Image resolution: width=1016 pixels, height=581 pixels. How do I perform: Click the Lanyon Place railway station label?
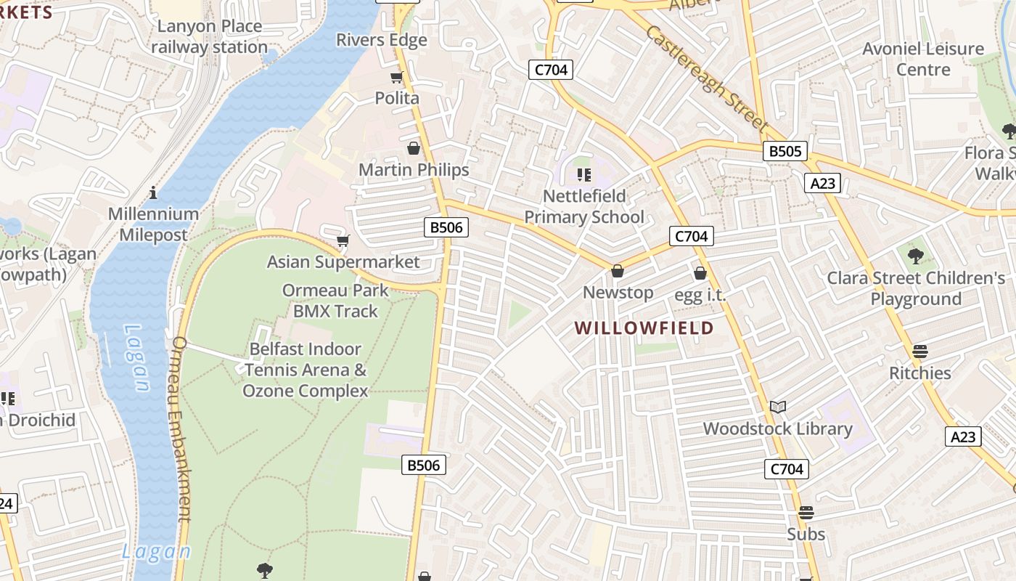[209, 37]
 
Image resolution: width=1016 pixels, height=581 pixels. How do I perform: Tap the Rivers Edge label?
[382, 40]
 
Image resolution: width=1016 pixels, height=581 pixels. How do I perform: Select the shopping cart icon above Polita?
[396, 78]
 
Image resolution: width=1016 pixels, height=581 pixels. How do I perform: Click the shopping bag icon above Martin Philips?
[414, 148]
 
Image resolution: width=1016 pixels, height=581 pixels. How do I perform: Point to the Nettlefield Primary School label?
[583, 206]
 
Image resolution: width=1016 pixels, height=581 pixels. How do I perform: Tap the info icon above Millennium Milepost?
[153, 192]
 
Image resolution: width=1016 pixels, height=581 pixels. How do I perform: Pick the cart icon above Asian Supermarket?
[343, 240]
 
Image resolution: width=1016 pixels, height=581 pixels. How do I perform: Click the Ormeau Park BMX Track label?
[335, 301]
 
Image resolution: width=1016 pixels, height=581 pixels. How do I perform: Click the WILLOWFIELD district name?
[644, 328]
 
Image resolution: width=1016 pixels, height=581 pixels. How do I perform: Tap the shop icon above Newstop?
[618, 271]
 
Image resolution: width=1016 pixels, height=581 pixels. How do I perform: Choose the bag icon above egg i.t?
[700, 273]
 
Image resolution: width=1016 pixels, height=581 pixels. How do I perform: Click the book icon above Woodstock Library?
[778, 407]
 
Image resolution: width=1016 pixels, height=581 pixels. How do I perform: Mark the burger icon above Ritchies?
[920, 352]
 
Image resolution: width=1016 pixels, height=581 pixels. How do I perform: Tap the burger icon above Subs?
[806, 513]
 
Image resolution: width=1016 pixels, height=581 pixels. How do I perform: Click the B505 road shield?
[785, 151]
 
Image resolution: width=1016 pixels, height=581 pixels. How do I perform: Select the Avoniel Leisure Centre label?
[922, 59]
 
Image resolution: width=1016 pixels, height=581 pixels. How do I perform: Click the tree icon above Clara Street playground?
[916, 256]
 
